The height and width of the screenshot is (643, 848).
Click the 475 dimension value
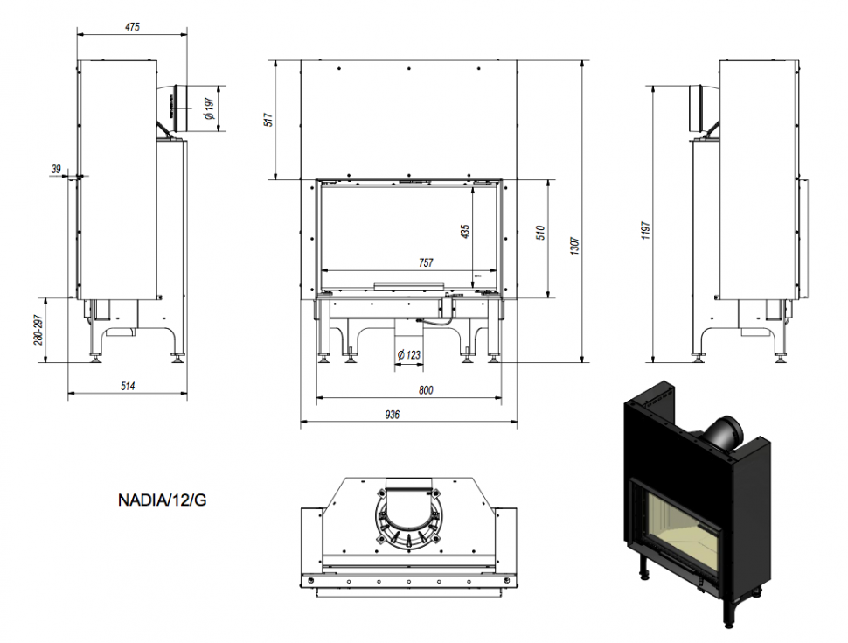coord(132,27)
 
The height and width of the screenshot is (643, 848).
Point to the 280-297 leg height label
coord(39,328)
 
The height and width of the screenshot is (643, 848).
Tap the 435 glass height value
coord(465,231)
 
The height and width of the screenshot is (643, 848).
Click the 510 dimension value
coord(541,232)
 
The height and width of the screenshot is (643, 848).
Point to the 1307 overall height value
coord(574,248)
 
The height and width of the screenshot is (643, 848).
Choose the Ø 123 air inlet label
coord(409,354)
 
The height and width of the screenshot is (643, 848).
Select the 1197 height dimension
coord(646,232)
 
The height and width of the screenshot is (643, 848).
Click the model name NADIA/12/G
coord(163,501)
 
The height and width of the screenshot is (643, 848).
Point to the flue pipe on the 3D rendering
coord(722,432)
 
